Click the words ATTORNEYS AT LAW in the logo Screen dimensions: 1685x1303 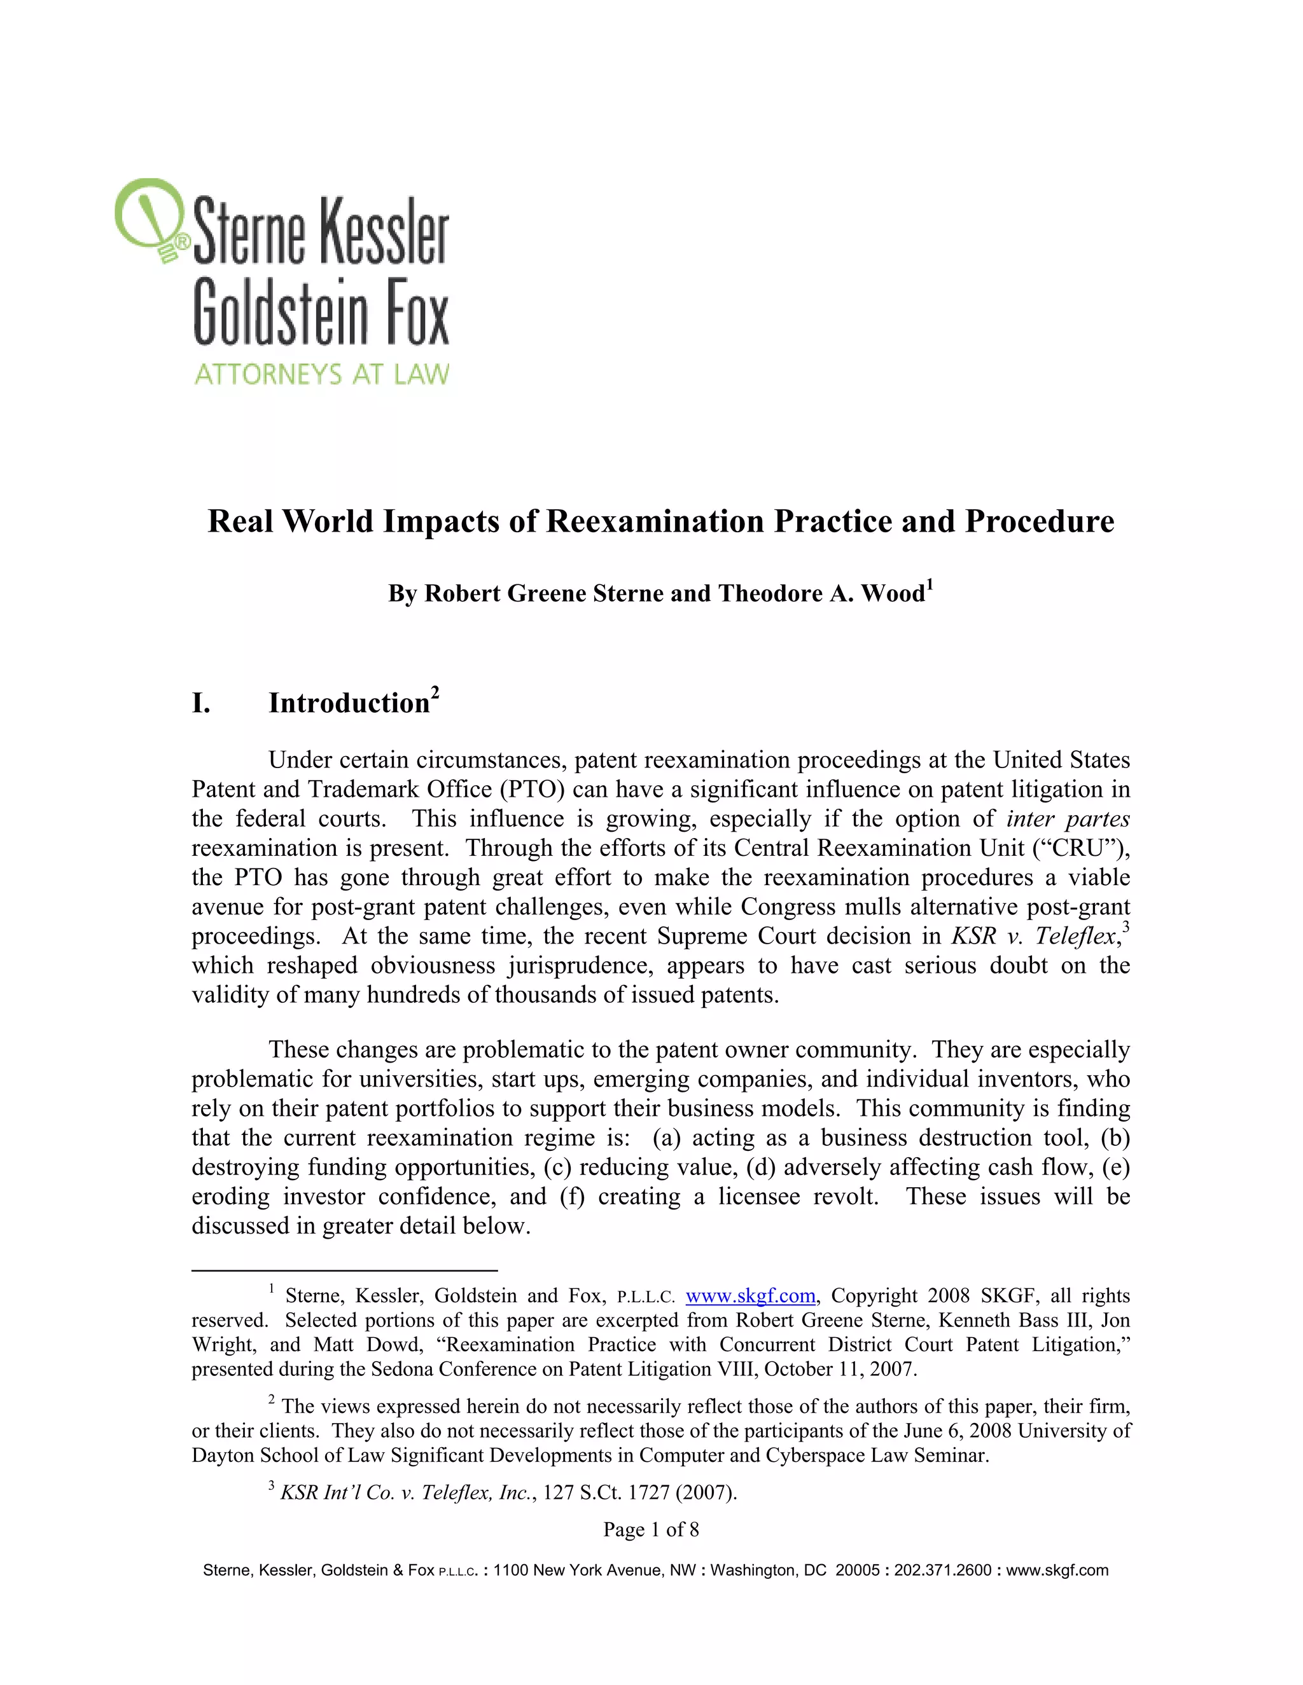(321, 375)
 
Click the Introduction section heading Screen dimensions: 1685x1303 (349, 703)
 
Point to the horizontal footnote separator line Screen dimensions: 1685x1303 (344, 1269)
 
